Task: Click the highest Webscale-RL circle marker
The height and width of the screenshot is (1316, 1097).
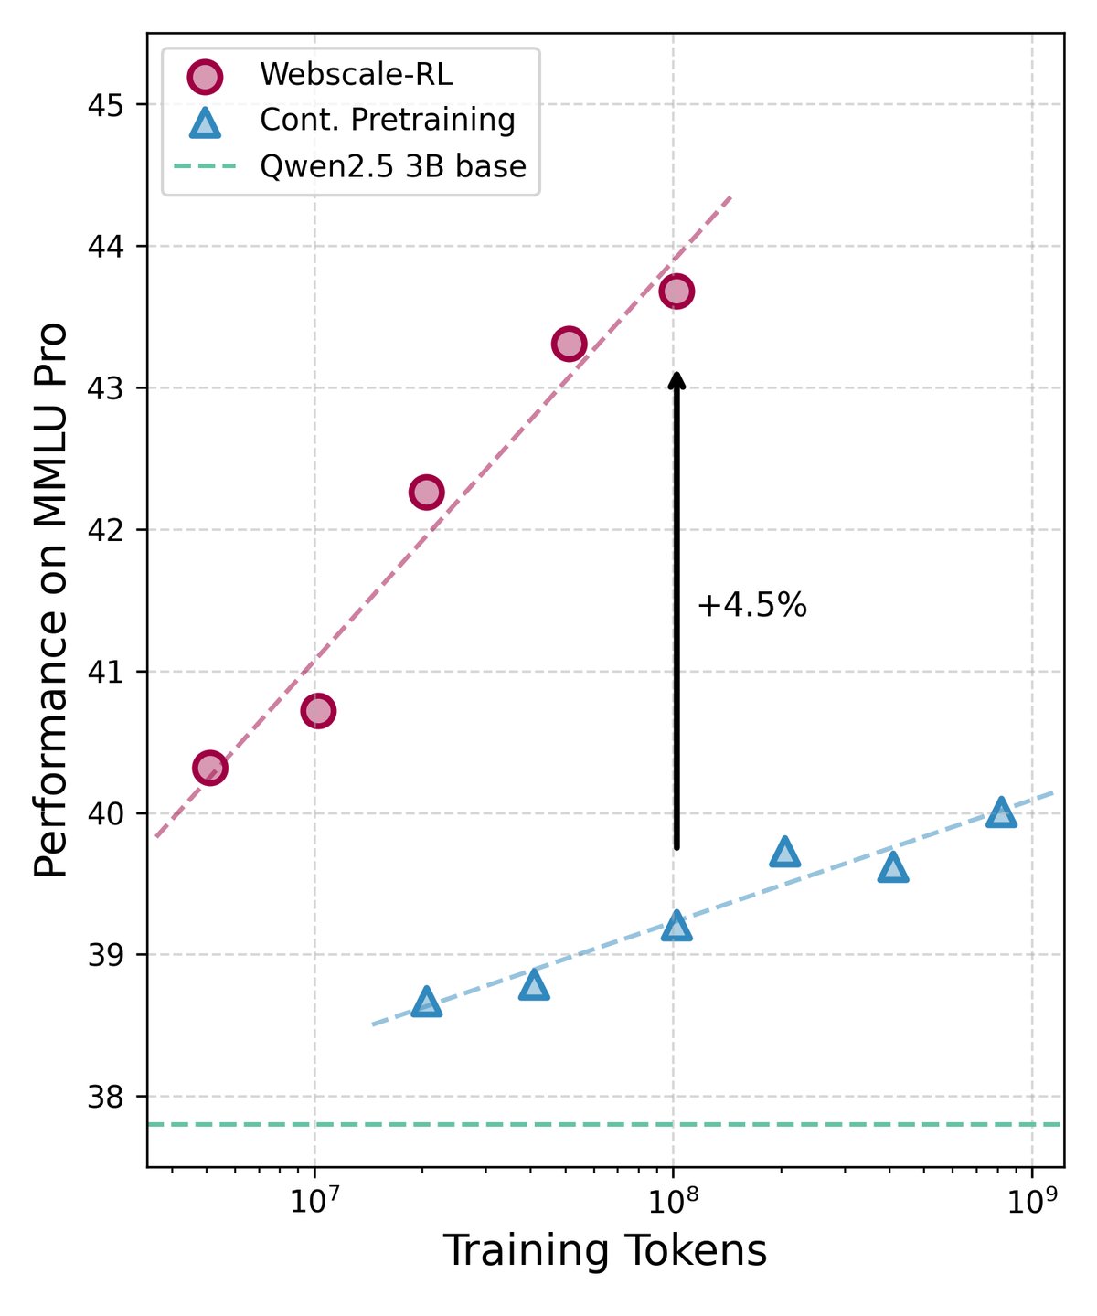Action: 676,292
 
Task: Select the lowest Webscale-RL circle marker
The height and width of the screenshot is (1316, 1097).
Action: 209,768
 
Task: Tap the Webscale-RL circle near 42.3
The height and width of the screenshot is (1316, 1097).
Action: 426,493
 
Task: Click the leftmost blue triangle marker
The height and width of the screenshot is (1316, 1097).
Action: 426,1003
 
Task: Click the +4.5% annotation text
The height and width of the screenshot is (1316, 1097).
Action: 751,606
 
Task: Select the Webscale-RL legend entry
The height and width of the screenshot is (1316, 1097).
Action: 356,75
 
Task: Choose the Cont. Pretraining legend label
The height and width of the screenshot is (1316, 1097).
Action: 387,121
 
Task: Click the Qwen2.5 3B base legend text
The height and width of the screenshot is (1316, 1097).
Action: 392,167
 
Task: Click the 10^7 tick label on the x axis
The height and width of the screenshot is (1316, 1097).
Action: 314,1199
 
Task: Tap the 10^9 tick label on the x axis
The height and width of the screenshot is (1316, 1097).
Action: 1031,1199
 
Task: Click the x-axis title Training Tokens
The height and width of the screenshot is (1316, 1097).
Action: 604,1251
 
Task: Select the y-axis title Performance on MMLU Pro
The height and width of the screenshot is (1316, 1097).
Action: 52,600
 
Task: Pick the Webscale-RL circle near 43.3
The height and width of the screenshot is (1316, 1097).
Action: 569,344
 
